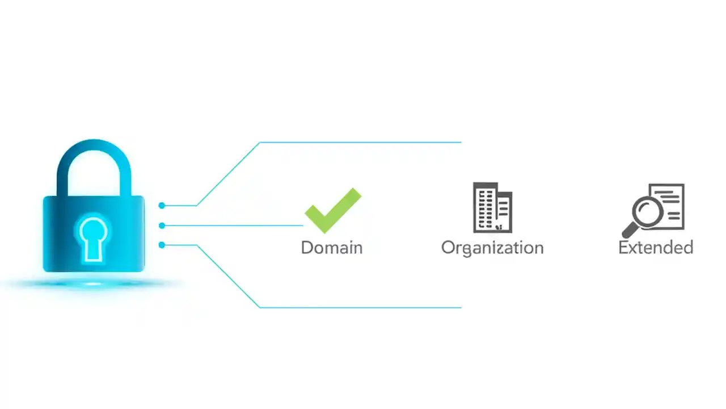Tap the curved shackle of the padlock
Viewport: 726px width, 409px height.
coord(94,149)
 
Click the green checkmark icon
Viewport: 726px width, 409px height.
coord(332,211)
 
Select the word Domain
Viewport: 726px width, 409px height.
coord(332,248)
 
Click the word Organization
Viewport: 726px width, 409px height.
coord(492,248)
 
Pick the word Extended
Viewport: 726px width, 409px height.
coord(656,248)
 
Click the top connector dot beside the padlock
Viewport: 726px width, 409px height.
coord(162,205)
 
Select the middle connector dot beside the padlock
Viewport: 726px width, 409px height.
coord(162,226)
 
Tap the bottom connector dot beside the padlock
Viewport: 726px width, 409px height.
coord(162,245)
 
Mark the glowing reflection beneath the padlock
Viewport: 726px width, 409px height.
coord(94,283)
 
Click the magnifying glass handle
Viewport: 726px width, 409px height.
coord(629,231)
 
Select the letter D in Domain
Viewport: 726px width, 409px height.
coord(307,248)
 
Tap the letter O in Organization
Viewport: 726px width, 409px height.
coord(448,248)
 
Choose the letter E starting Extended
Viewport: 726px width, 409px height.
coord(623,248)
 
